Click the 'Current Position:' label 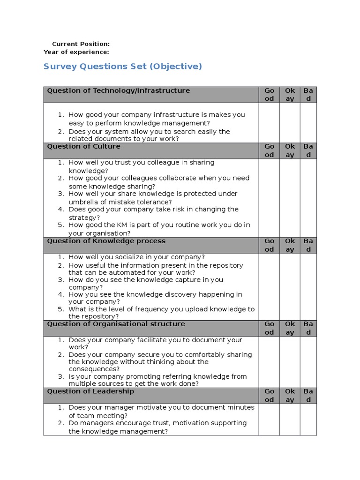(81, 44)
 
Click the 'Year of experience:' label (76, 52)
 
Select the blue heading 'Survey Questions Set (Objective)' (122, 67)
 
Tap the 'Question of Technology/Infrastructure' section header (119, 90)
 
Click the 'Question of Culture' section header (83, 146)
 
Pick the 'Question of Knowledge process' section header (106, 241)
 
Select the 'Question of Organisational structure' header (116, 324)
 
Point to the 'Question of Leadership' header (90, 391)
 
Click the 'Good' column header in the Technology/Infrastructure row (269, 95)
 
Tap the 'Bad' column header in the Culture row (308, 150)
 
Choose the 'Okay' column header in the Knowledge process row (290, 245)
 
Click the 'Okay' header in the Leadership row (290, 395)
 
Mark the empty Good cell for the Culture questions (269, 198)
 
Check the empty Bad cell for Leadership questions (308, 419)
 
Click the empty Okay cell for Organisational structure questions (290, 361)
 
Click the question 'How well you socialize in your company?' (136, 257)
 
